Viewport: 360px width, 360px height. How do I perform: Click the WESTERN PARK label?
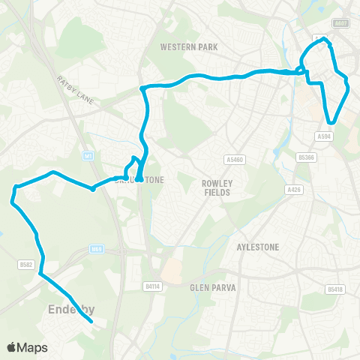pyautogui.click(x=189, y=46)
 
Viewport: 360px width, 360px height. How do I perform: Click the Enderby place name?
pyautogui.click(x=68, y=309)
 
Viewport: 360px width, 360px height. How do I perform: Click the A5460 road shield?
pyautogui.click(x=235, y=160)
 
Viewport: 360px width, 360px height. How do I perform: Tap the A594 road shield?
pyautogui.click(x=324, y=136)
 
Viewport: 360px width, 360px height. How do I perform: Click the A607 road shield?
pyautogui.click(x=341, y=23)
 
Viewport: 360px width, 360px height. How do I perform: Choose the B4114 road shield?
pyautogui.click(x=152, y=286)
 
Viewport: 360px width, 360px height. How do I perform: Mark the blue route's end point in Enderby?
pyautogui.click(x=91, y=321)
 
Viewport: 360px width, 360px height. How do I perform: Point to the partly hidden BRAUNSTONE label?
pyautogui.click(x=135, y=180)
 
